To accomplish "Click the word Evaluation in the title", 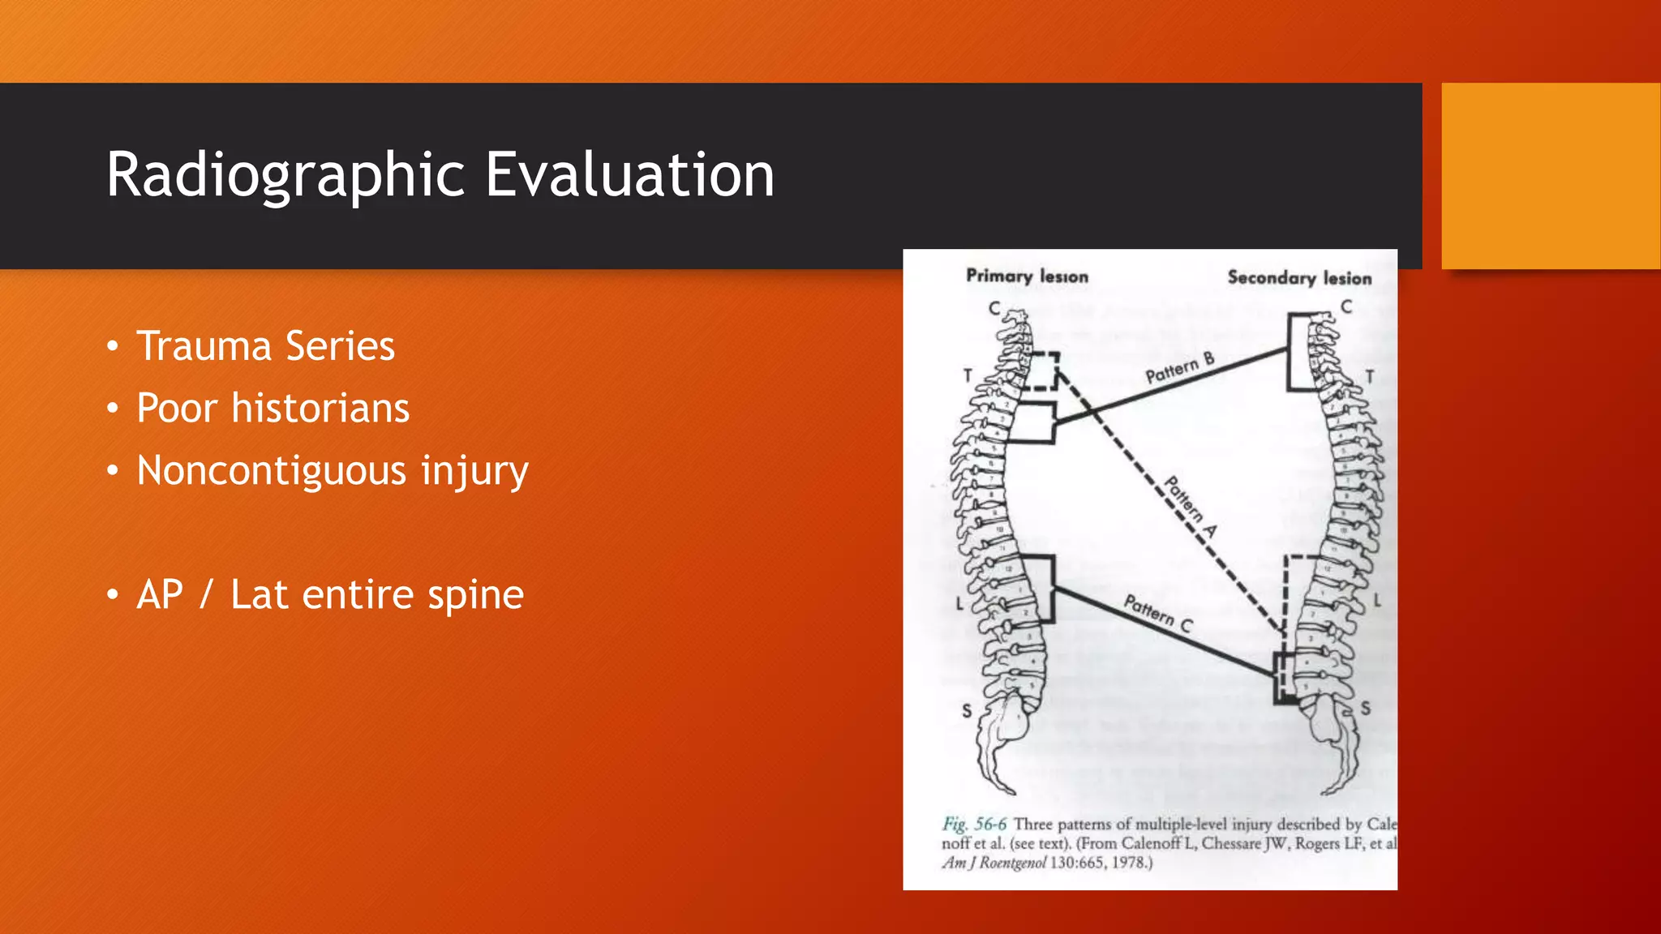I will coord(629,175).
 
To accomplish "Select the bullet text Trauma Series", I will coord(265,346).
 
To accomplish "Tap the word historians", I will coord(320,408).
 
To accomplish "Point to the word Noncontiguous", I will coord(272,470).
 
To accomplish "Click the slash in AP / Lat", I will coord(206,594).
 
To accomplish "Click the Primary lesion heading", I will coord(1027,276).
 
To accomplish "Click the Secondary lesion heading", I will coord(1299,278).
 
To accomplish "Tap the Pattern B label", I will coord(1179,369).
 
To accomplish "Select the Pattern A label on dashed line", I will coord(1191,507).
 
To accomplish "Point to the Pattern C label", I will coord(1157,614).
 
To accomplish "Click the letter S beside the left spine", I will coord(967,711).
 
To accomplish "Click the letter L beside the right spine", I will coord(1376,601).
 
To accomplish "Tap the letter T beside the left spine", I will coord(968,375).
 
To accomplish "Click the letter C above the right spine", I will coord(1346,306).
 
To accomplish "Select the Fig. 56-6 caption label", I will coord(974,825).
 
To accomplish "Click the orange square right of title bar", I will coord(1551,176).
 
